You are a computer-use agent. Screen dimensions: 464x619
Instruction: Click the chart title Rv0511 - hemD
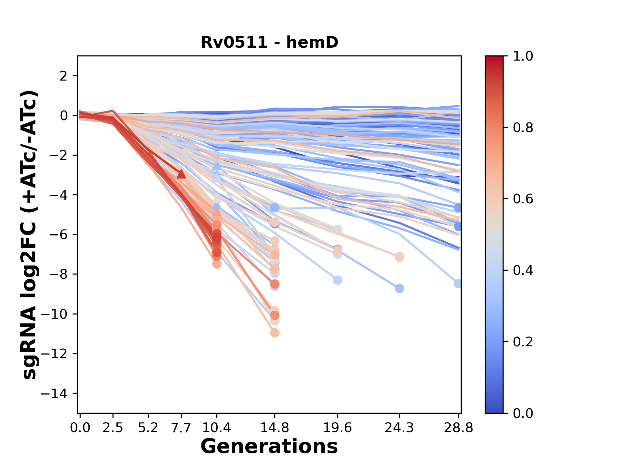tap(270, 42)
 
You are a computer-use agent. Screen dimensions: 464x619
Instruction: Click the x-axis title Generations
tap(269, 447)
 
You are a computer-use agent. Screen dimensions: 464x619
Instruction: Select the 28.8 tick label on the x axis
tap(458, 428)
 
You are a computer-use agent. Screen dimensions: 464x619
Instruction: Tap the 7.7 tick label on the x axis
tap(182, 428)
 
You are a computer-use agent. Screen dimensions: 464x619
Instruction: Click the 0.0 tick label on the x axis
tap(80, 428)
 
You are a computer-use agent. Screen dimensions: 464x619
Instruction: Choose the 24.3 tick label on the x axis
tap(399, 428)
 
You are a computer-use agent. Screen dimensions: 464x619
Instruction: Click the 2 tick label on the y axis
tap(64, 76)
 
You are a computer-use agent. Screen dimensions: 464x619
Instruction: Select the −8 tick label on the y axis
tap(58, 275)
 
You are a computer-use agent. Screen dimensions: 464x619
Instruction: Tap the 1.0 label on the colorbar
tap(523, 56)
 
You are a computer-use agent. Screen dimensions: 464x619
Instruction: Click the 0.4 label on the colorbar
tap(523, 270)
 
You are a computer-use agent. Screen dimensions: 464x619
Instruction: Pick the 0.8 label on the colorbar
tap(523, 128)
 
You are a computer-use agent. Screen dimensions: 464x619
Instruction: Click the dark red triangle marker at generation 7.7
tap(182, 174)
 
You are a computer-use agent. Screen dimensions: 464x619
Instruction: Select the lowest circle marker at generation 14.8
tap(275, 333)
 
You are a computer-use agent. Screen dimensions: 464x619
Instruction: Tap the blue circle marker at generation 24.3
tap(399, 288)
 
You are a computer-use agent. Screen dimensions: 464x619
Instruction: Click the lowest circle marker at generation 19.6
tap(338, 280)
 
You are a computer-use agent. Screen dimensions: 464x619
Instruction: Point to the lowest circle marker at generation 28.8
tap(458, 284)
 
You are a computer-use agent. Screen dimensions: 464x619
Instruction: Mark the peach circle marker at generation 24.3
tap(399, 257)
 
